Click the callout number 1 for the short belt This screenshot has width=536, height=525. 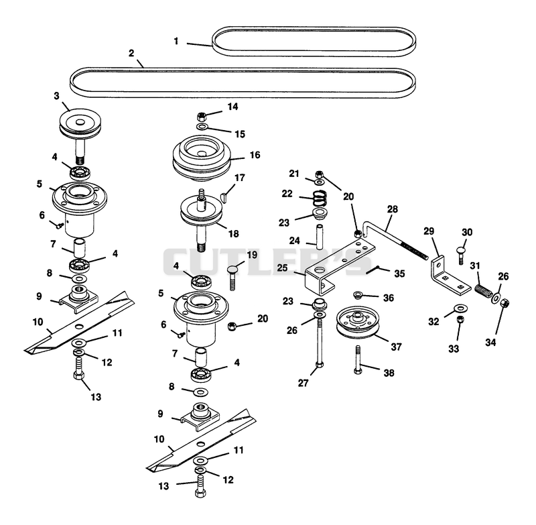pyautogui.click(x=176, y=42)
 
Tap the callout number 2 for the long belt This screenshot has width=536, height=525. pyautogui.click(x=131, y=54)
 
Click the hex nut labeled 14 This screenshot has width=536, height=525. pyautogui.click(x=202, y=116)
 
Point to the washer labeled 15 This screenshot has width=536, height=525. pyautogui.click(x=202, y=127)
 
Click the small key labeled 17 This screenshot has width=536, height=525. pyautogui.click(x=224, y=198)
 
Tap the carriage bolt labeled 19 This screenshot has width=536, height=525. pyautogui.click(x=233, y=278)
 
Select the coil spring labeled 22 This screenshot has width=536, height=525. pyautogui.click(x=320, y=197)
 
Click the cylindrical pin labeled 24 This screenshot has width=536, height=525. pyautogui.click(x=320, y=237)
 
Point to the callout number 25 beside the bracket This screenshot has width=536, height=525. pyautogui.click(x=282, y=268)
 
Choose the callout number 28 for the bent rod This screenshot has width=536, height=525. pyautogui.click(x=393, y=209)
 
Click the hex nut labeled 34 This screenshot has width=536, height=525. pyautogui.click(x=505, y=303)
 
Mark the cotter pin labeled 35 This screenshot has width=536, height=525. pyautogui.click(x=373, y=270)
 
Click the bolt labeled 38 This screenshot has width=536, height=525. pyautogui.click(x=358, y=360)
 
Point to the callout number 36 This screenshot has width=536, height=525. pyautogui.click(x=389, y=298)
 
